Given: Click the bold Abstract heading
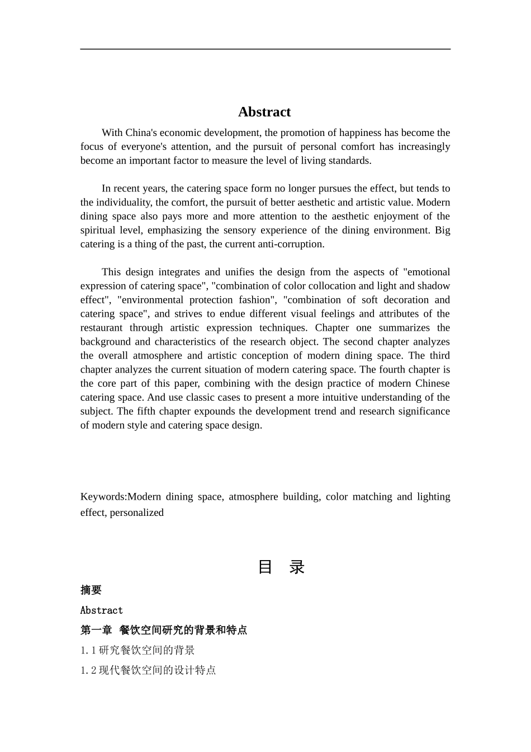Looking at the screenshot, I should pos(264,112).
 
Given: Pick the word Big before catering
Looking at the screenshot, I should pos(442,231).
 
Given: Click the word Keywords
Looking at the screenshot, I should pos(103,497).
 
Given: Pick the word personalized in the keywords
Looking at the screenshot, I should pos(137,513).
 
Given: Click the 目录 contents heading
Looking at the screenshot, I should pos(281,567).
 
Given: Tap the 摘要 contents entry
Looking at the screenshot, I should pos(91,590).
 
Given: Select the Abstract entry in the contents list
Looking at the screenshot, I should pos(102,610).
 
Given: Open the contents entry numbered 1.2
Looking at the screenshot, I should pos(148,670).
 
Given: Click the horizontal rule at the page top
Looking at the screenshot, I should pos(265,49).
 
